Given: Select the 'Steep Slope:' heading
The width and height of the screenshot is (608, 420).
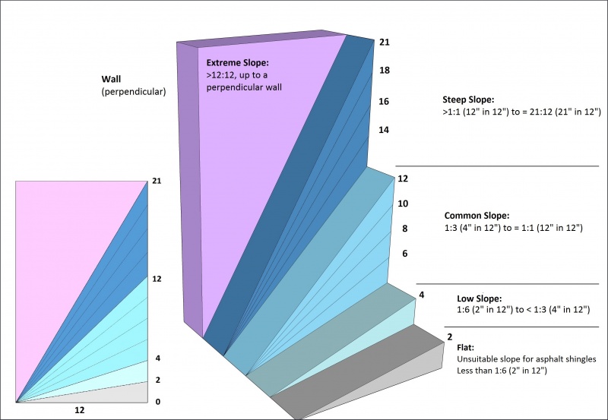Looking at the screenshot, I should point(468,99).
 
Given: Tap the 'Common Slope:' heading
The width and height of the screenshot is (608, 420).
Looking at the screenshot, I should point(477,216).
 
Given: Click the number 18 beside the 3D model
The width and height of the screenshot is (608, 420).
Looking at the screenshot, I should point(384,70).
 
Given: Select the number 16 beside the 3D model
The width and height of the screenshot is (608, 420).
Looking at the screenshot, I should point(384,101).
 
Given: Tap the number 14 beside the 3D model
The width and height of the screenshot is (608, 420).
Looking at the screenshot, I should point(384,130).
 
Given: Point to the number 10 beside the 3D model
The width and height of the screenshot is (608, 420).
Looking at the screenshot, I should point(403,204).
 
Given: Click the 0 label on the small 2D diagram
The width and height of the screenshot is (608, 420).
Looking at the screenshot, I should point(157,401).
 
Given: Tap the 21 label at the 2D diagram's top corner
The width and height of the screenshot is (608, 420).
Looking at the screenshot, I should point(157,182).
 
